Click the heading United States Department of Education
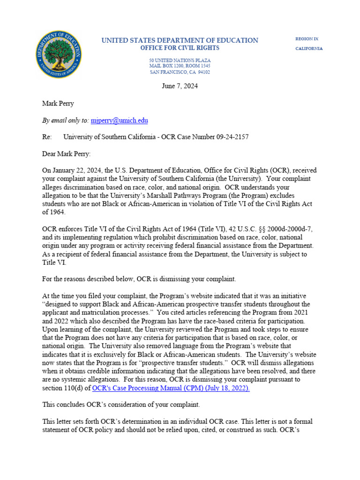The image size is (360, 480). (x=180, y=40)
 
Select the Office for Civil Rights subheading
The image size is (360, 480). (x=180, y=48)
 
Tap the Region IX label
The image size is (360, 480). (x=307, y=39)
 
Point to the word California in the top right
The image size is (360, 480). (x=308, y=49)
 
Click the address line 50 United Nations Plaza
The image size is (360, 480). (x=180, y=61)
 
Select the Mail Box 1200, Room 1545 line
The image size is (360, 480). (x=180, y=67)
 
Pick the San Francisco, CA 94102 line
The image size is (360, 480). (x=180, y=72)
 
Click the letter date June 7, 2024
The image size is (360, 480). (x=180, y=86)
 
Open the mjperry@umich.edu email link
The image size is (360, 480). (x=119, y=120)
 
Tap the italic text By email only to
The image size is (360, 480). (x=65, y=120)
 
